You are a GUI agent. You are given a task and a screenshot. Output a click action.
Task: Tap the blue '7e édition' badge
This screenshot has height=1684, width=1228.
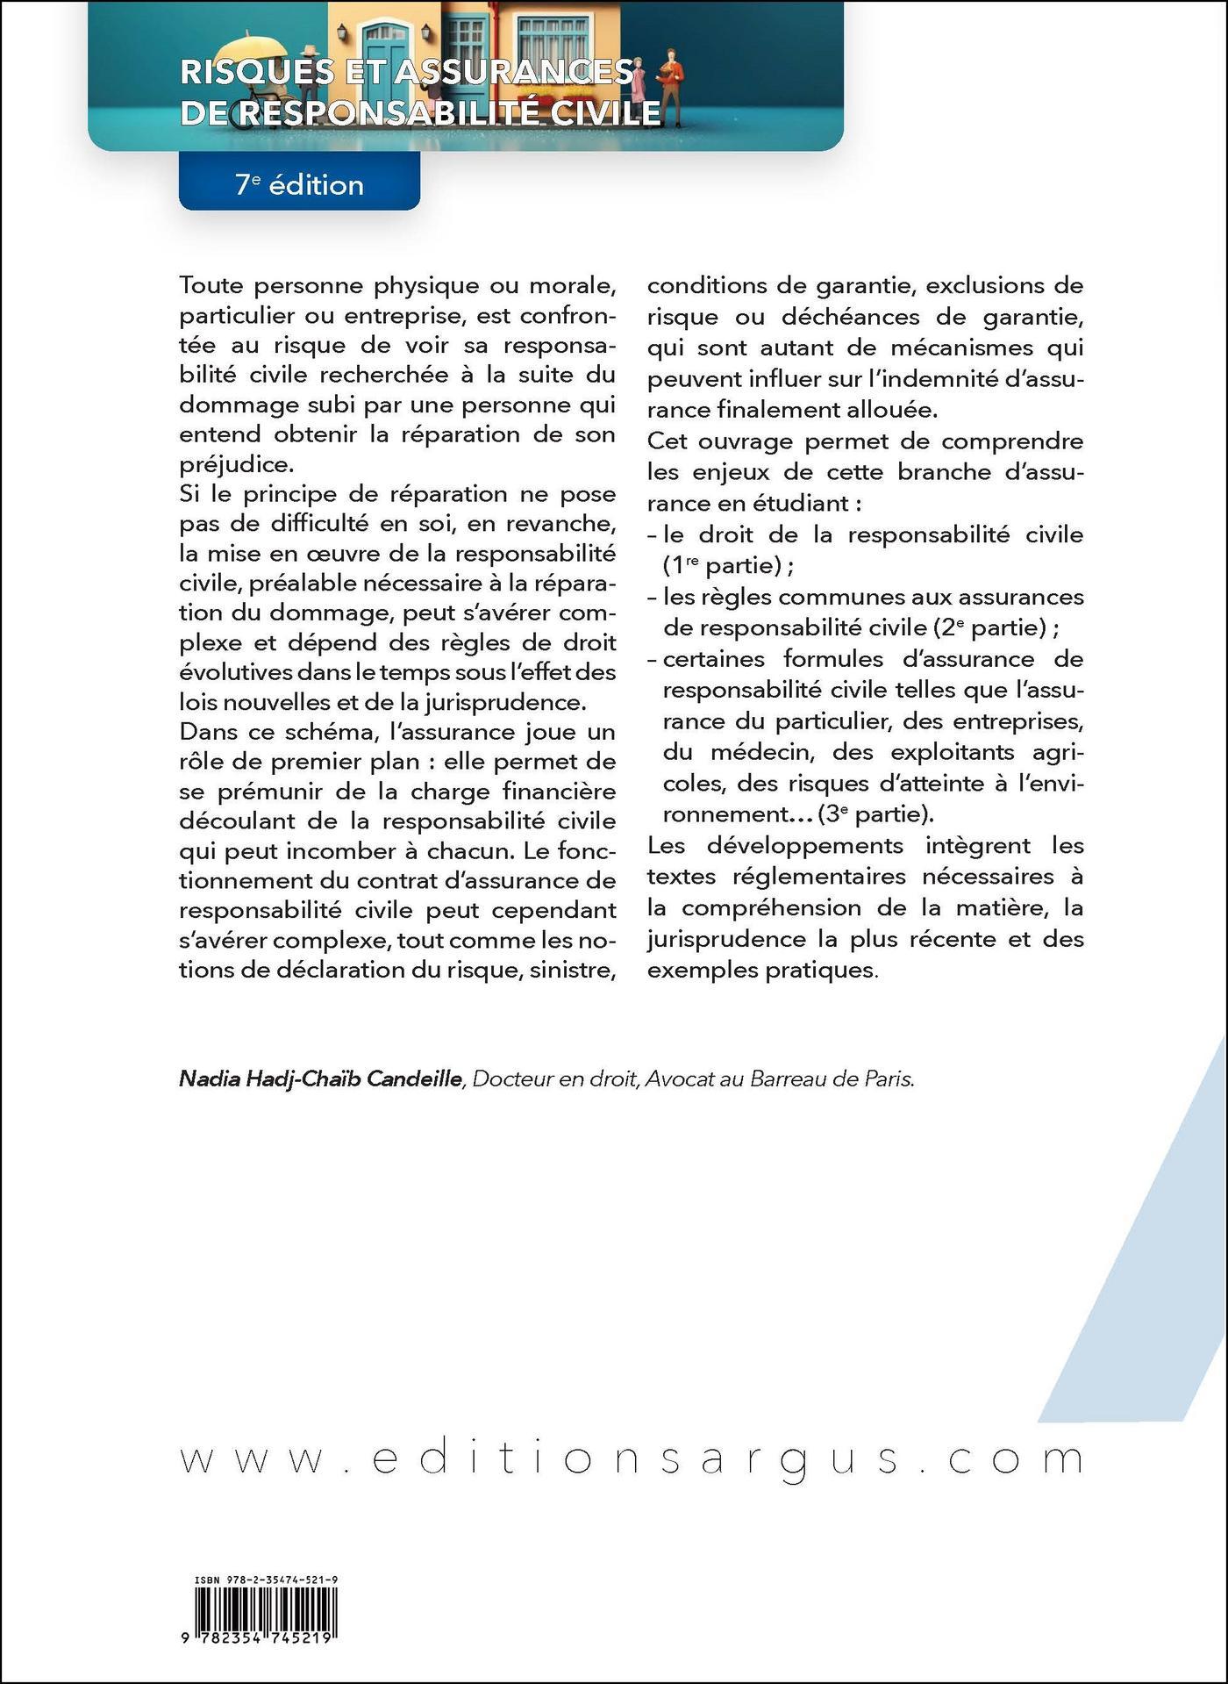[299, 184]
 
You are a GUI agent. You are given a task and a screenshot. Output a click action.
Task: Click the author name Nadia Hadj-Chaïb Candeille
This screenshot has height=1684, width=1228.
[320, 1079]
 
